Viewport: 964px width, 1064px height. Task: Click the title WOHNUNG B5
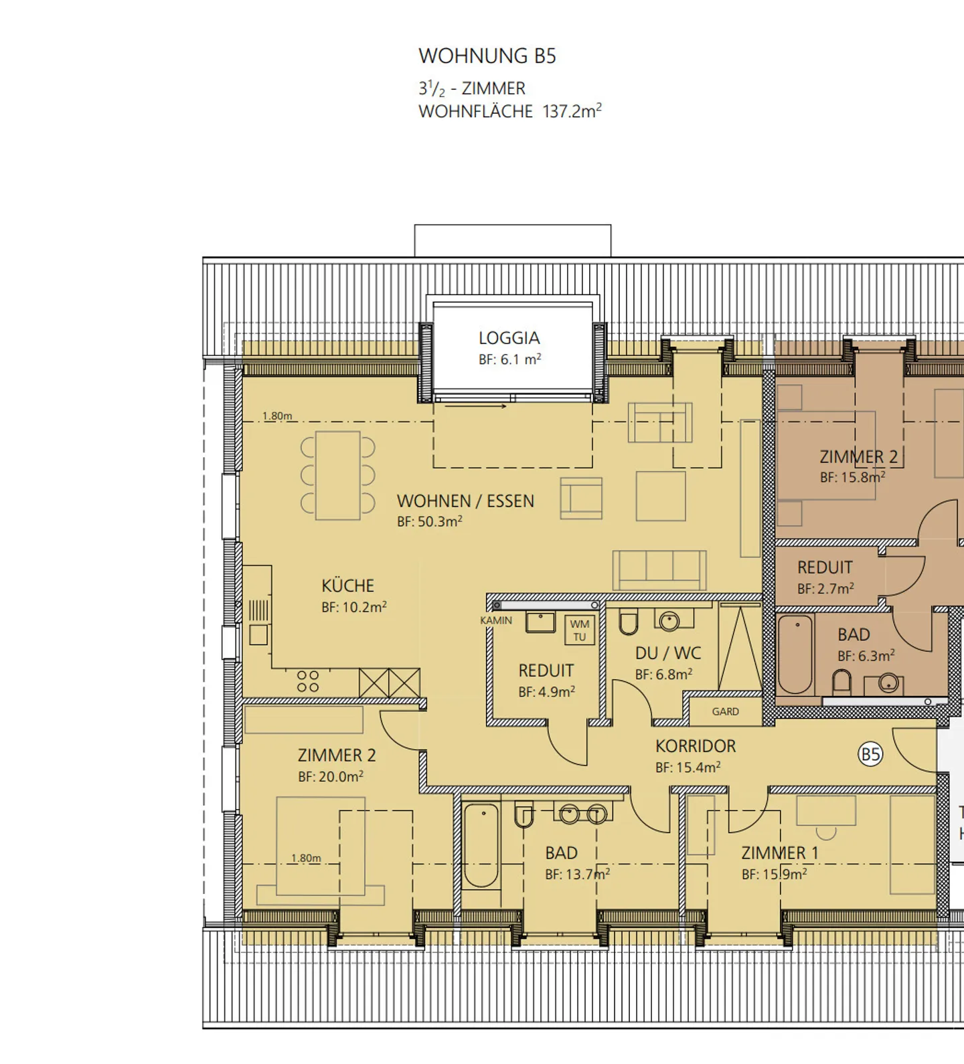coord(487,56)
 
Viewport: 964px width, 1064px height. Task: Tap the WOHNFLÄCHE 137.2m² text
coord(510,111)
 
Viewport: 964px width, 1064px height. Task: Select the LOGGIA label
coord(509,338)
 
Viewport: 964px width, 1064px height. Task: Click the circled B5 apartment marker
coord(870,755)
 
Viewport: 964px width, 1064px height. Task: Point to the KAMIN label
coord(496,620)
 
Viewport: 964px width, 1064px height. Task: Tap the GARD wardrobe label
coord(726,711)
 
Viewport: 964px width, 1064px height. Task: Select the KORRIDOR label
coord(696,746)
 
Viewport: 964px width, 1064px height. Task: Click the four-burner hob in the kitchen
coord(308,682)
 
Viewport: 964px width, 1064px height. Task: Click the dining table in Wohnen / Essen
coord(338,476)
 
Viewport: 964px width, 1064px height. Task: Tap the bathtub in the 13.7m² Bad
coord(481,846)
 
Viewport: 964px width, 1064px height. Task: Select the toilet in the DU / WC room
coord(629,622)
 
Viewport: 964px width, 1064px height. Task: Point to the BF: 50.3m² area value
coord(430,521)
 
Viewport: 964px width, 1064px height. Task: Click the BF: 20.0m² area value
coord(331,776)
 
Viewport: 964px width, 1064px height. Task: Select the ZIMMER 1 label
coord(780,853)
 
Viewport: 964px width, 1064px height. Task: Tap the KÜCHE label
coord(347,586)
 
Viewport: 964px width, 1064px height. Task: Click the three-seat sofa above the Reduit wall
coord(659,570)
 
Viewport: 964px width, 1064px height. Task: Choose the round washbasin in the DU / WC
coord(669,622)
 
